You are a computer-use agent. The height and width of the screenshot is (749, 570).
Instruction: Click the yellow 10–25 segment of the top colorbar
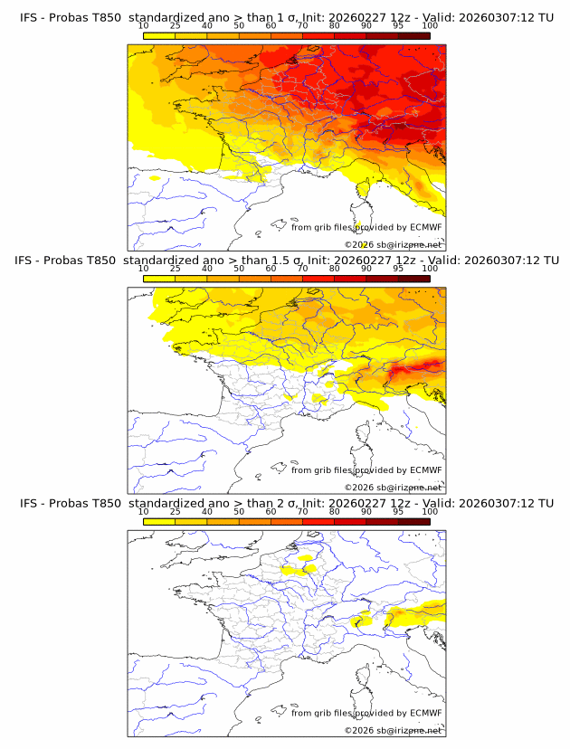(159, 35)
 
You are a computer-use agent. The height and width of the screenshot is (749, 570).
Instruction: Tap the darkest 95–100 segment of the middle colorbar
(413, 279)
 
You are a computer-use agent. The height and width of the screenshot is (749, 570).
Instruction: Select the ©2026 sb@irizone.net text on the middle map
(393, 488)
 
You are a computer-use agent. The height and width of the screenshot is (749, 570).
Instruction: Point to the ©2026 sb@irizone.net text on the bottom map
(393, 730)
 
